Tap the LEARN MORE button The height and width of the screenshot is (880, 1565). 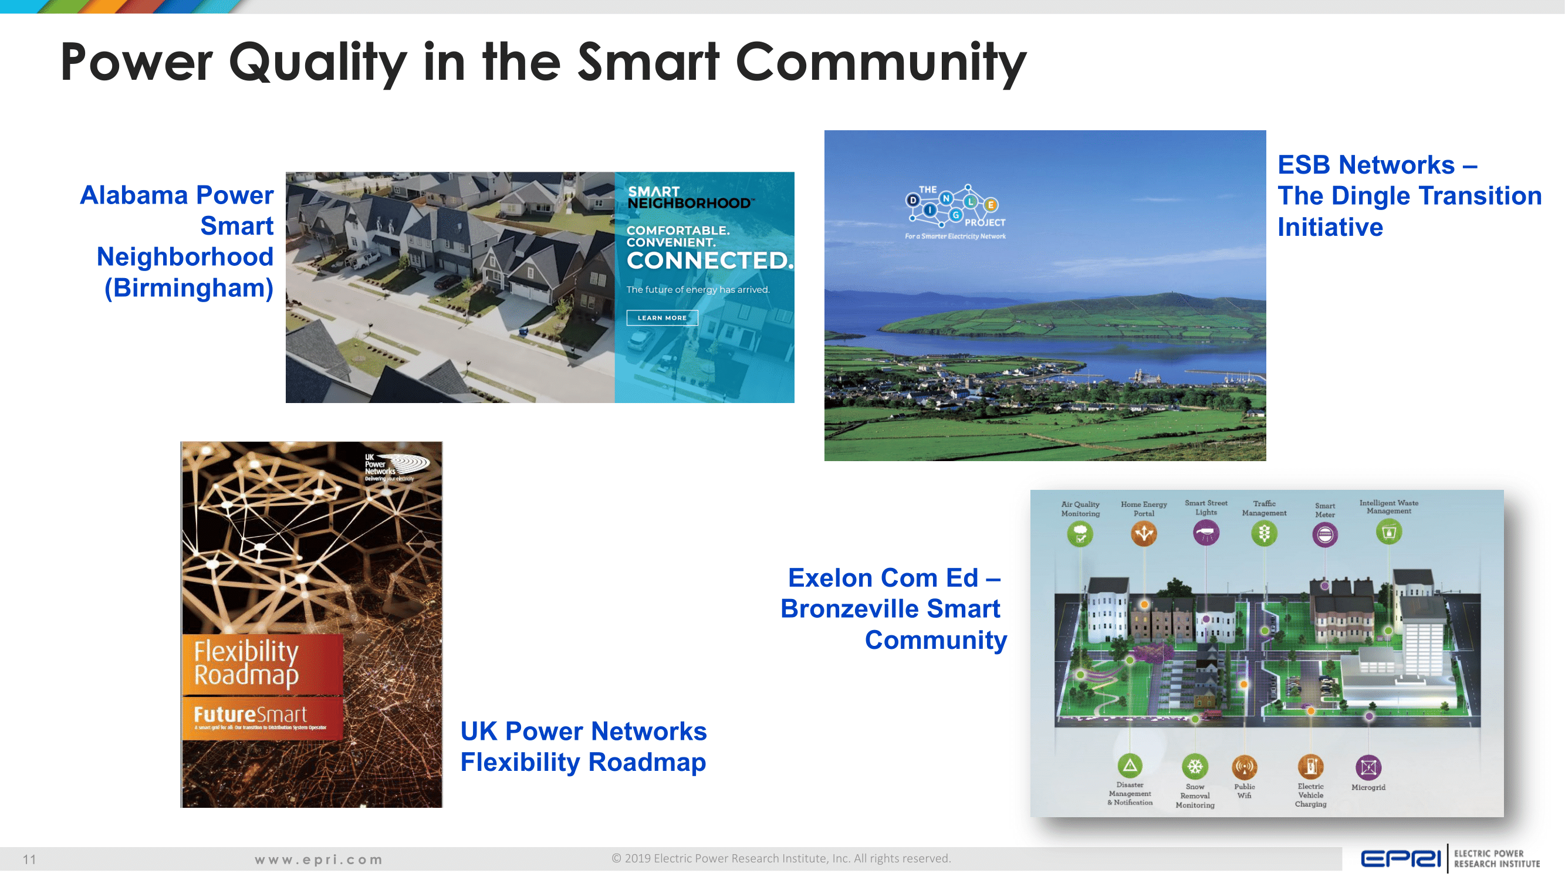click(x=661, y=317)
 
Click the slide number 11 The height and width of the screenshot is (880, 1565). click(x=29, y=859)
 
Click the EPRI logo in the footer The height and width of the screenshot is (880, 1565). click(x=1400, y=859)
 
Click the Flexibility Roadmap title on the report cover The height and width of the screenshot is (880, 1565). click(x=246, y=662)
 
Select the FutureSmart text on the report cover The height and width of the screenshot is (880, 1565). click(x=251, y=714)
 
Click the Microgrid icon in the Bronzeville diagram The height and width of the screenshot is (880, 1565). click(x=1368, y=767)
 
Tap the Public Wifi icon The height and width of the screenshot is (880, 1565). click(x=1244, y=767)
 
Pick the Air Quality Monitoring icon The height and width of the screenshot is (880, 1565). click(x=1080, y=534)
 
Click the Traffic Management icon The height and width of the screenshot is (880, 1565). click(x=1265, y=533)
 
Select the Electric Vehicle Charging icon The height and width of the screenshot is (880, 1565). click(x=1310, y=767)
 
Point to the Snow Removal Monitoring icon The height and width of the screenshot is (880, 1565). click(x=1194, y=767)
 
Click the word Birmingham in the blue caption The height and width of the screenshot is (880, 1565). click(x=189, y=288)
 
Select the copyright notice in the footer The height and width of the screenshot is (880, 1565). click(x=780, y=858)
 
